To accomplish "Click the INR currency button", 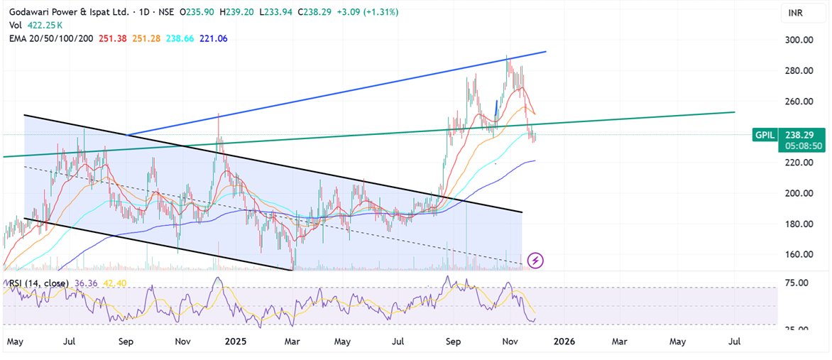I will coord(795,13).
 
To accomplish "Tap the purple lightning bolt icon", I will coord(536,261).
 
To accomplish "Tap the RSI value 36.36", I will coord(72,283).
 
